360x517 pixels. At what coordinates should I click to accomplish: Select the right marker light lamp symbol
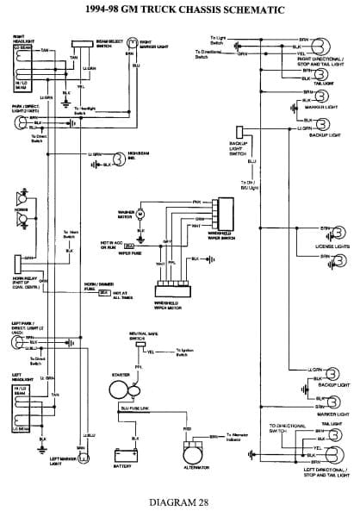(128, 41)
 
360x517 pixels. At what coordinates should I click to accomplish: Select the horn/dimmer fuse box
(104, 293)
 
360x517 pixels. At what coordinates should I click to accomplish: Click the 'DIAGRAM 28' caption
(179, 501)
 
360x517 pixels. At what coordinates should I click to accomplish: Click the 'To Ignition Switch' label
(188, 350)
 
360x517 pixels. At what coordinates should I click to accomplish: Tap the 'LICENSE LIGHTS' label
(331, 248)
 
